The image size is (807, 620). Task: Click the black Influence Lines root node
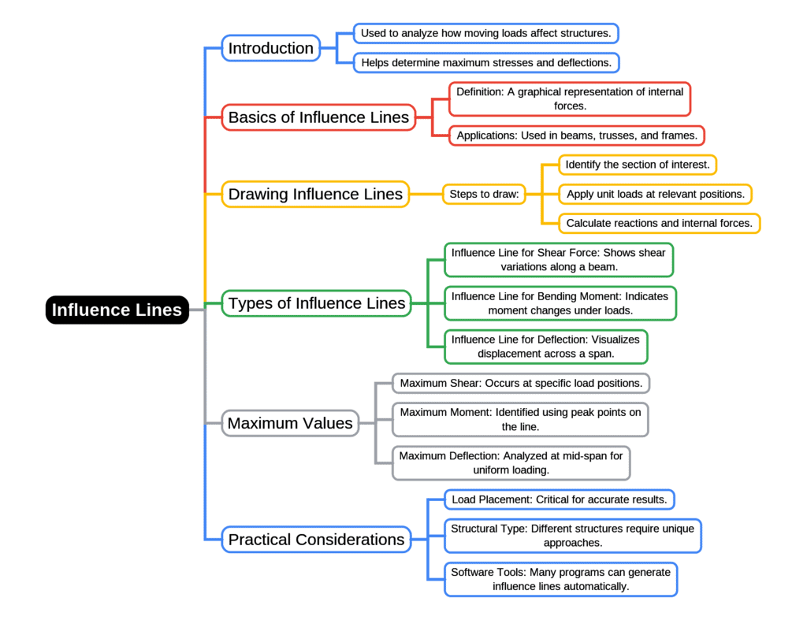point(117,310)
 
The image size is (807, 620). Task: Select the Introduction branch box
point(271,48)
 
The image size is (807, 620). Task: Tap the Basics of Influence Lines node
point(318,117)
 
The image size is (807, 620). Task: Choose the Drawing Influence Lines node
point(315,194)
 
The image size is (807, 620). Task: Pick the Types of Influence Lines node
point(317,303)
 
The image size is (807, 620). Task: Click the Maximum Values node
point(290,423)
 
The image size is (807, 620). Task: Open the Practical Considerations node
point(316,540)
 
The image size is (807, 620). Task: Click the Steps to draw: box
point(484,194)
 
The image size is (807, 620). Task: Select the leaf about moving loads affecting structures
point(485,33)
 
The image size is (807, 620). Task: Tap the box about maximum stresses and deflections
point(485,62)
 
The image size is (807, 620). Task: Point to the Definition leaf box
point(570,99)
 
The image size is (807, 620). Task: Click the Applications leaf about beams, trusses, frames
point(577,136)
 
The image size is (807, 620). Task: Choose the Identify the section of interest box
point(638,165)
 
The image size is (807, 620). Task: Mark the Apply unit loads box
point(656,194)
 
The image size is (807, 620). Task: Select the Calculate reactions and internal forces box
point(660,223)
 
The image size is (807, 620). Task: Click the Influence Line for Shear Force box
point(559,259)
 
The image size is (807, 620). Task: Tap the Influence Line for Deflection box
point(546,346)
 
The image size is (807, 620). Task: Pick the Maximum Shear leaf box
point(521,384)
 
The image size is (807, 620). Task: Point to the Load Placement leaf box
point(560,499)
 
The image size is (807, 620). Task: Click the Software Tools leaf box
point(560,579)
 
